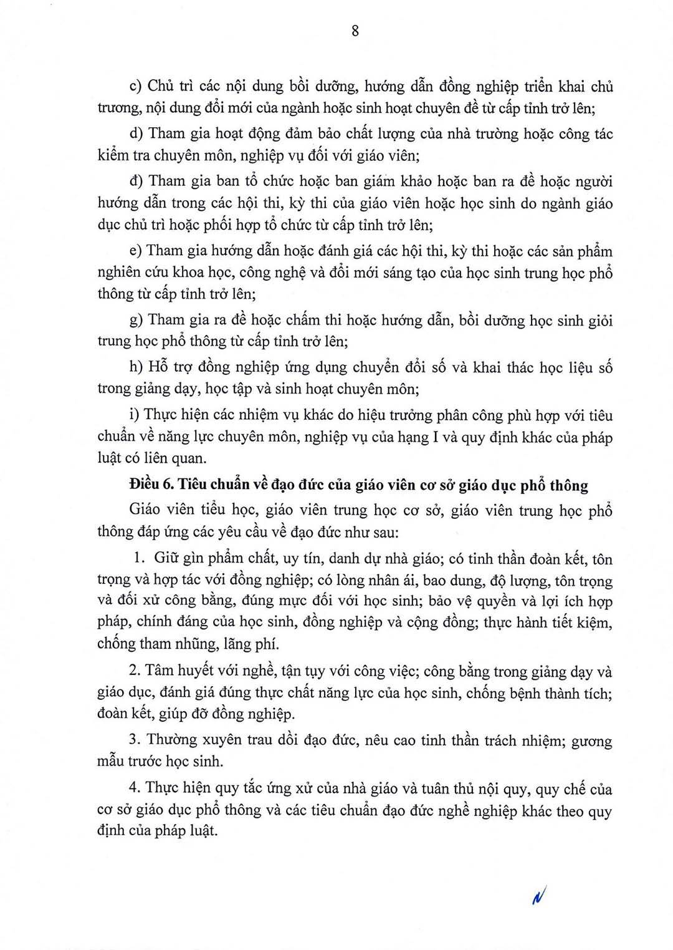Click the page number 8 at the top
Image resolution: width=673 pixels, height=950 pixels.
point(355,31)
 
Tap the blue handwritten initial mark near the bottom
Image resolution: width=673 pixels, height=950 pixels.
point(539,897)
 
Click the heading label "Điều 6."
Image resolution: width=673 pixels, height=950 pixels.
point(151,485)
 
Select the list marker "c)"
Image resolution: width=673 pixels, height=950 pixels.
point(136,86)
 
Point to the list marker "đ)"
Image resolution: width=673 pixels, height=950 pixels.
point(136,181)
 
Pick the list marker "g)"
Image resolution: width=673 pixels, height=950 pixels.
point(136,320)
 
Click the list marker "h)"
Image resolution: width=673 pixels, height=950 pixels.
point(136,367)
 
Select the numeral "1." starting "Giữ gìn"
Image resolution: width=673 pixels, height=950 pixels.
point(140,558)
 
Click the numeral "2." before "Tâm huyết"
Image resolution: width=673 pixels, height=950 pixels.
point(135,671)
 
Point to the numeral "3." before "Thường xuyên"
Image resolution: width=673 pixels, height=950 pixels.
point(135,740)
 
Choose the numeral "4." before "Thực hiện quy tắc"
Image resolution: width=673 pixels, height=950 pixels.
point(135,788)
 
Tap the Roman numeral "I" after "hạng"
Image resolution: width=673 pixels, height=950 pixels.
point(435,437)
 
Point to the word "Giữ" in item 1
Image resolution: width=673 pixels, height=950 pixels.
point(167,558)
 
